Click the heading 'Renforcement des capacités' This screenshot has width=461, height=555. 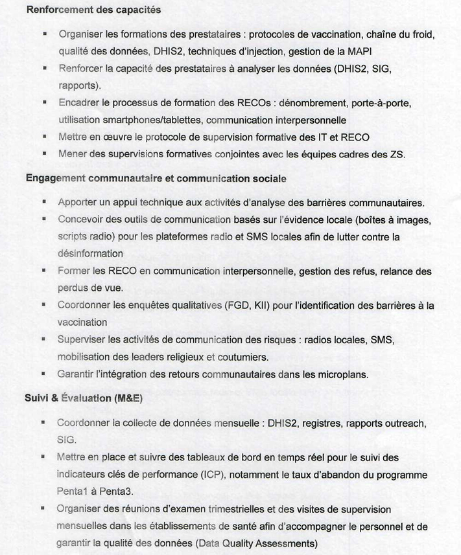click(93, 11)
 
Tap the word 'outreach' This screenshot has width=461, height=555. click(404, 423)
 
